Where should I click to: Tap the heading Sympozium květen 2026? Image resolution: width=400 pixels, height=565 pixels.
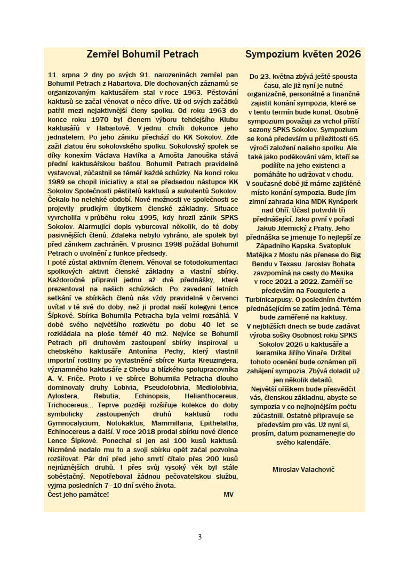(303, 54)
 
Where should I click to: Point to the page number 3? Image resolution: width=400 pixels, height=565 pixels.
(200, 537)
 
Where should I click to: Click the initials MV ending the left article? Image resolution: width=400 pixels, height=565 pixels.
(229, 494)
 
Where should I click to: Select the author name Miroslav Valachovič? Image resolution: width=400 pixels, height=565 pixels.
(303, 469)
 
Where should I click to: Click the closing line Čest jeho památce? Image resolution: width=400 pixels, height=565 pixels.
(78, 494)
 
